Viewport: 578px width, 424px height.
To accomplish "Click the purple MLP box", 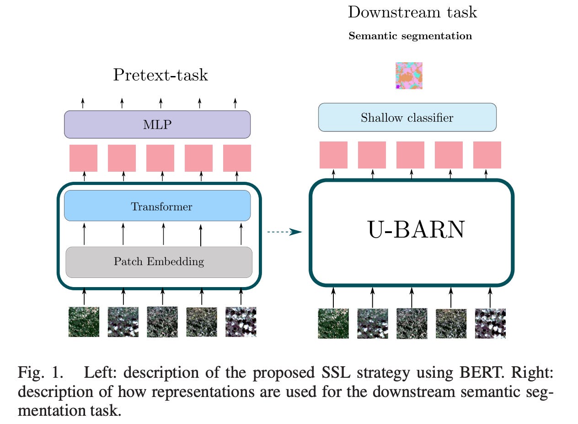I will coord(157,124).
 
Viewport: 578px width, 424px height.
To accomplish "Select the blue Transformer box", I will coord(157,206).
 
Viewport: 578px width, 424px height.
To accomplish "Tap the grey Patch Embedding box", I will coord(159,262).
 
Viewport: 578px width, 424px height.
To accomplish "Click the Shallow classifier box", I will coord(407,118).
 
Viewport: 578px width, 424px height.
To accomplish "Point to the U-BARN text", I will coord(416,230).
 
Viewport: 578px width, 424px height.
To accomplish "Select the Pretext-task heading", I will coord(161,75).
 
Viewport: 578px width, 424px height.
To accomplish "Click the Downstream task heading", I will coord(412,12).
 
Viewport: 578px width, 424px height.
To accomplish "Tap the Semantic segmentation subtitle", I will coord(410,36).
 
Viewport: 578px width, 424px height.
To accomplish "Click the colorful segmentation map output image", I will coord(408,76).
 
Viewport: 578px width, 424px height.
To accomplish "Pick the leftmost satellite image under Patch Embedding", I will coord(84,322).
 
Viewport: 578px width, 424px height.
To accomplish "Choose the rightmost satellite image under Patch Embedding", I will coord(241,322).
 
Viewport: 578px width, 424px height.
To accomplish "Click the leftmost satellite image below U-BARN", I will coord(333,323).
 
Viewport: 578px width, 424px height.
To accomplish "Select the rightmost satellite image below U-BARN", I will coord(490,323).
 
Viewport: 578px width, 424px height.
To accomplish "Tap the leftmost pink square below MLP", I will coord(83,158).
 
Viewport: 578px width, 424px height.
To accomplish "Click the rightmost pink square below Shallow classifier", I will coord(487,155).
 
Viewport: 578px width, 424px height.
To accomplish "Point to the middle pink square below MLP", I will coord(160,158).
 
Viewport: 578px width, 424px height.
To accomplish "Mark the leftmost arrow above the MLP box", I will coord(83,103).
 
